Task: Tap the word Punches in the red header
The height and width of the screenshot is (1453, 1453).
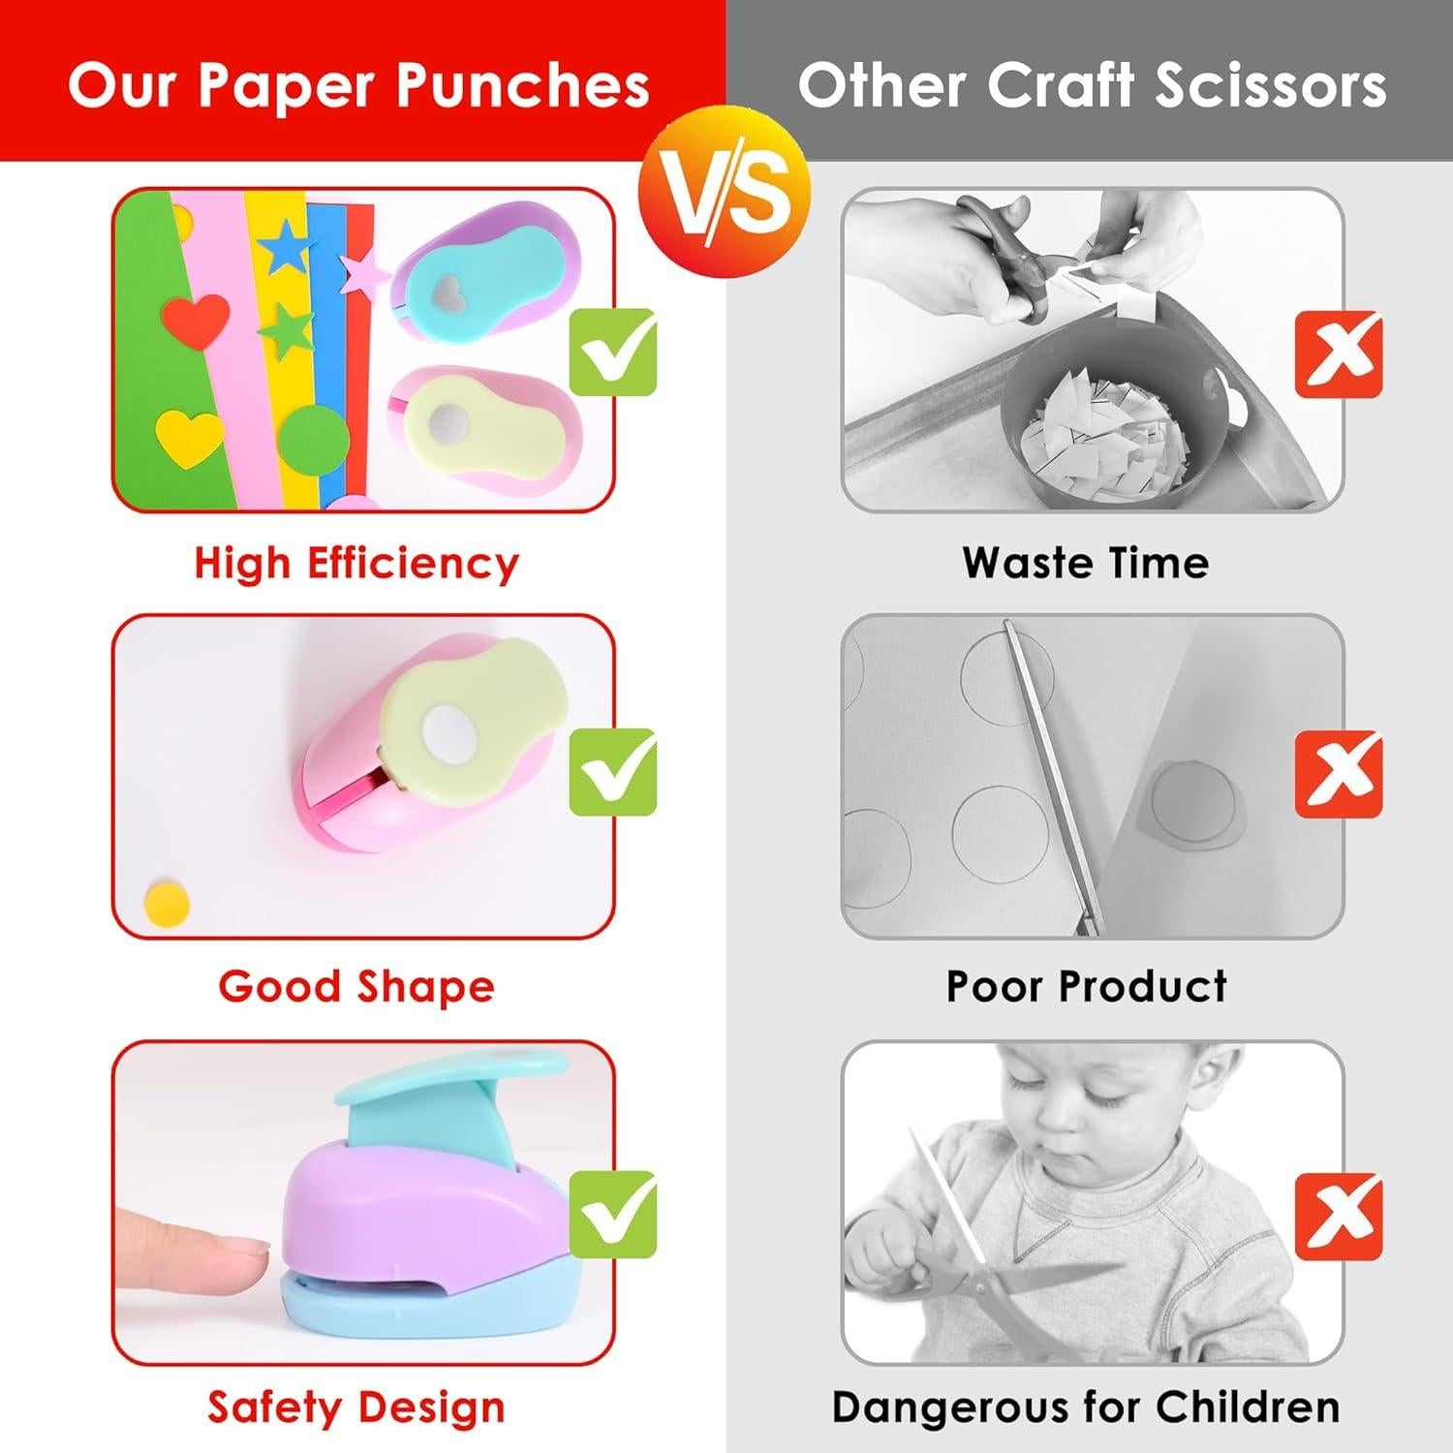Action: click(x=524, y=87)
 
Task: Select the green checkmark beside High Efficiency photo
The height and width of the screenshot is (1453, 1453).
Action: click(x=612, y=351)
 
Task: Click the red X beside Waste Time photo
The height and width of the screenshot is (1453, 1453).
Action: click(x=1339, y=354)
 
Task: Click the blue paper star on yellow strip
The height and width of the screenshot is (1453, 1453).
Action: click(x=285, y=248)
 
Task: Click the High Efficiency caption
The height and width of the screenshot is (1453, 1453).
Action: click(x=356, y=563)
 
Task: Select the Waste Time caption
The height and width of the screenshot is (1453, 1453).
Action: click(x=1086, y=563)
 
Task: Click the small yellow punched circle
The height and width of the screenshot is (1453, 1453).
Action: click(x=166, y=901)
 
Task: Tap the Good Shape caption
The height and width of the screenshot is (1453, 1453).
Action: click(x=356, y=986)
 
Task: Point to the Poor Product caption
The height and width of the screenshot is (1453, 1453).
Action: click(x=1086, y=986)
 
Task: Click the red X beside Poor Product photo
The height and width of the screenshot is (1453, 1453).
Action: click(x=1339, y=773)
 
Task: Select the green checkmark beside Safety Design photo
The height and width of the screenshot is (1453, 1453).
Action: click(x=612, y=1214)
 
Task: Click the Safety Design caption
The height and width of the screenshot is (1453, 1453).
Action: click(x=356, y=1407)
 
